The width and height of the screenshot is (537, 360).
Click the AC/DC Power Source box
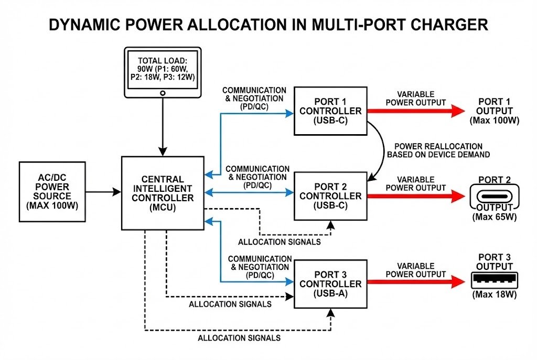(x=51, y=192)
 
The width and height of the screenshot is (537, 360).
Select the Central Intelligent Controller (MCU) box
(x=162, y=193)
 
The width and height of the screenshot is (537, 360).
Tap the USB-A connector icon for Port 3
(x=494, y=280)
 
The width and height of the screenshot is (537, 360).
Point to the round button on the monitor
(x=163, y=93)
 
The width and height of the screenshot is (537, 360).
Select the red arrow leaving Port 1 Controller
(x=414, y=111)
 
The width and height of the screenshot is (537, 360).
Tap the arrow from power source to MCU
(x=103, y=192)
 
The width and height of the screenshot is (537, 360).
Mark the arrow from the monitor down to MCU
(x=163, y=126)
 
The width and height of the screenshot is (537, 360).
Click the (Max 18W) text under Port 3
(x=494, y=295)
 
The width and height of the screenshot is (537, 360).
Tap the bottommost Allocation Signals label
(x=239, y=338)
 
